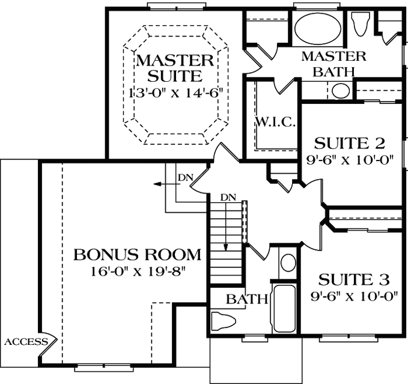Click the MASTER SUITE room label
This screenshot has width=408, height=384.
point(174,68)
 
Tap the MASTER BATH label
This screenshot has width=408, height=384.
point(333,64)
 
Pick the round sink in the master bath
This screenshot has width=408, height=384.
point(341,91)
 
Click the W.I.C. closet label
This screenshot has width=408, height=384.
point(276,123)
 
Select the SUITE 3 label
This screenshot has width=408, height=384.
point(353,279)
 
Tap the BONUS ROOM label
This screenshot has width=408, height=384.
point(138,254)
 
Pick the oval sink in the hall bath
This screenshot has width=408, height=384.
point(288,263)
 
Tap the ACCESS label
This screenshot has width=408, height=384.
point(26,342)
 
